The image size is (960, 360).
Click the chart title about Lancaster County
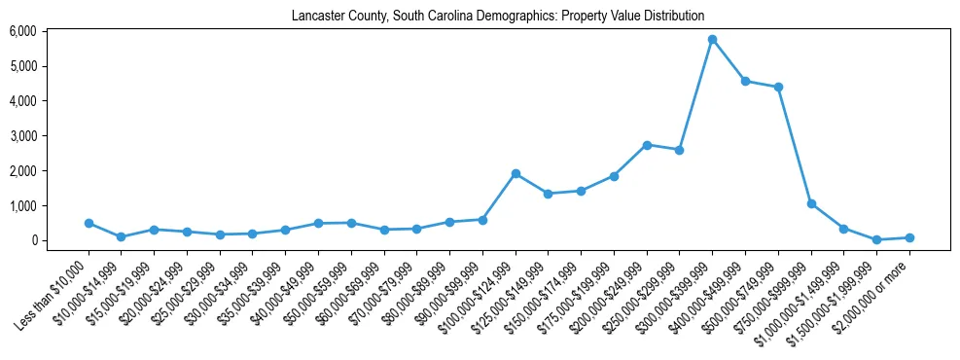coord(497,16)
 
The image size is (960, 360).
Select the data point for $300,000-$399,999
coord(712,40)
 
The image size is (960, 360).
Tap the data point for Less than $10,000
coord(89,223)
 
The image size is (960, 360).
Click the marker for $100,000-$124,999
coord(516,173)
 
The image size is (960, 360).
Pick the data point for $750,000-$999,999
coord(811,204)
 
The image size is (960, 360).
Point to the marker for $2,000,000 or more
coord(909,237)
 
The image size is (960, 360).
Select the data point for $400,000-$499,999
coord(745,82)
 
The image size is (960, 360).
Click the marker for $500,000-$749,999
coord(778,88)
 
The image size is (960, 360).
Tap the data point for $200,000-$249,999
coord(647,145)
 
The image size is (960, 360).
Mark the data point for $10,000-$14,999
coord(121,236)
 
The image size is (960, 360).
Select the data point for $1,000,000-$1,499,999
coord(843,229)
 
